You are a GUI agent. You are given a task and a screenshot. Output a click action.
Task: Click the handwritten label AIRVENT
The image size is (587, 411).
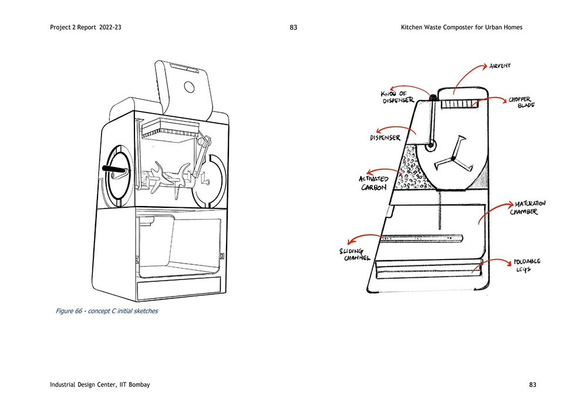coord(500,66)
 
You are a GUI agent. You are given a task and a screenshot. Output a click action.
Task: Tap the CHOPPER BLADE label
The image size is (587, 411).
coord(521,102)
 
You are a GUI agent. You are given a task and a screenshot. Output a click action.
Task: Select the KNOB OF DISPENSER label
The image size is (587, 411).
coord(397,97)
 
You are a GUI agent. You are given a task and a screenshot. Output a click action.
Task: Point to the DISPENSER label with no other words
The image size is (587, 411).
coord(385,138)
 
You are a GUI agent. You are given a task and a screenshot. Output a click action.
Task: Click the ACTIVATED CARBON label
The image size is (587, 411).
coord(373,183)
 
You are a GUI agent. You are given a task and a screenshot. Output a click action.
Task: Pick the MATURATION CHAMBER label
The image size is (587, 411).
coord(528,208)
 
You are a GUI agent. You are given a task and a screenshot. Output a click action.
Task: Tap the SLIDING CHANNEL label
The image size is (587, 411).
coord(355,255)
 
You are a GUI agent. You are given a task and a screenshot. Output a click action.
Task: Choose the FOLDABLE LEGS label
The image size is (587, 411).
coord(527,265)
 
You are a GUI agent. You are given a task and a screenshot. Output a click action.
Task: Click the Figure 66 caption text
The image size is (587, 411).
coord(107,311)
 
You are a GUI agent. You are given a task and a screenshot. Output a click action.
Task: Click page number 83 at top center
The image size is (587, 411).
coord(293,28)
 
